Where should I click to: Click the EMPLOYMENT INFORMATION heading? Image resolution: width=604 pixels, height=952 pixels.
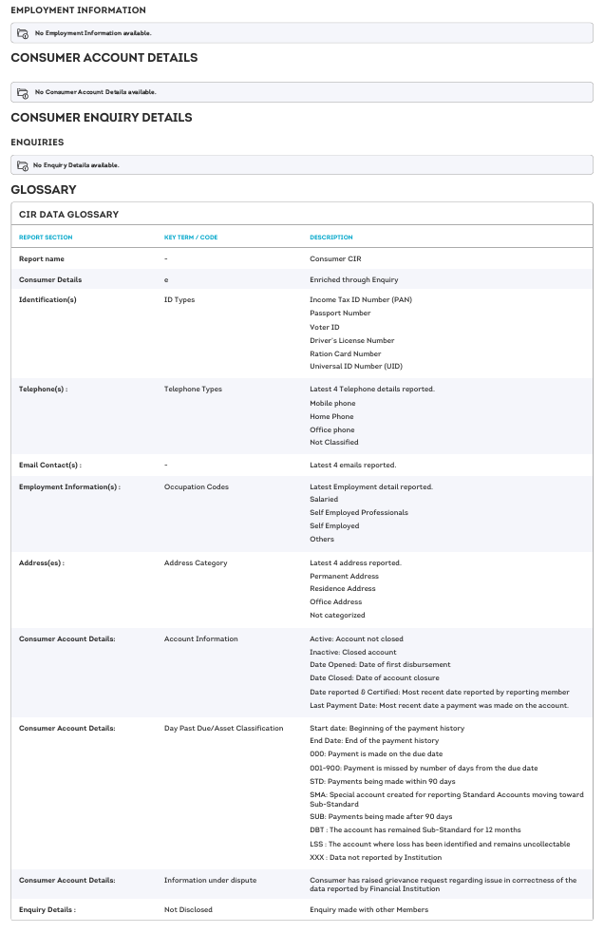click(78, 10)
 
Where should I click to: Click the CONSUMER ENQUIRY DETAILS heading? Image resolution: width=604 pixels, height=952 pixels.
click(101, 118)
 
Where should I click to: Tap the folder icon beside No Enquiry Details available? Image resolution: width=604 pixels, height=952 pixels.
click(23, 165)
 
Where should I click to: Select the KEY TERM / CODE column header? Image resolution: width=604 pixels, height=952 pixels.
click(191, 238)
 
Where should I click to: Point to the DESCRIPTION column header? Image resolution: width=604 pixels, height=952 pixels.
click(331, 238)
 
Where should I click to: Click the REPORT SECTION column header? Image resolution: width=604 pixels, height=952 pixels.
click(46, 238)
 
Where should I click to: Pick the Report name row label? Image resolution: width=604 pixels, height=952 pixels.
click(42, 258)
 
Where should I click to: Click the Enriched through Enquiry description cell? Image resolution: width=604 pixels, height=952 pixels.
click(353, 279)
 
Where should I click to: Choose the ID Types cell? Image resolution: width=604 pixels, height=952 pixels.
click(179, 299)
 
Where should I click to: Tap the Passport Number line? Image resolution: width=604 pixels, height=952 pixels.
click(340, 313)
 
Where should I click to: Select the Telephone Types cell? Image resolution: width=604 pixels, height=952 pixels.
click(193, 389)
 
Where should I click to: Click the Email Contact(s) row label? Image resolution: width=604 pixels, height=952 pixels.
click(50, 465)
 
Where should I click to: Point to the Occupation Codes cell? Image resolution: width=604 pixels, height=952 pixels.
click(197, 486)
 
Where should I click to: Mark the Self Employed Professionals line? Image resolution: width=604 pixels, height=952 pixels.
click(359, 512)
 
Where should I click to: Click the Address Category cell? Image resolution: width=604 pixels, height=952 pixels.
click(196, 562)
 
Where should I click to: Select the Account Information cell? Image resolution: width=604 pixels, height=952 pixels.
click(201, 638)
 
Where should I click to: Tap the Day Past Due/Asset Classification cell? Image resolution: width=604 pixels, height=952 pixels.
click(224, 728)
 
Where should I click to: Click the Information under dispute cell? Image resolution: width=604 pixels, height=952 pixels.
click(210, 880)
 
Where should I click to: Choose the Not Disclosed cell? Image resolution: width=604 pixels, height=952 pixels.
click(188, 909)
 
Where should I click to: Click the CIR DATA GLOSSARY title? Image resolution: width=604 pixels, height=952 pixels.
click(67, 215)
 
